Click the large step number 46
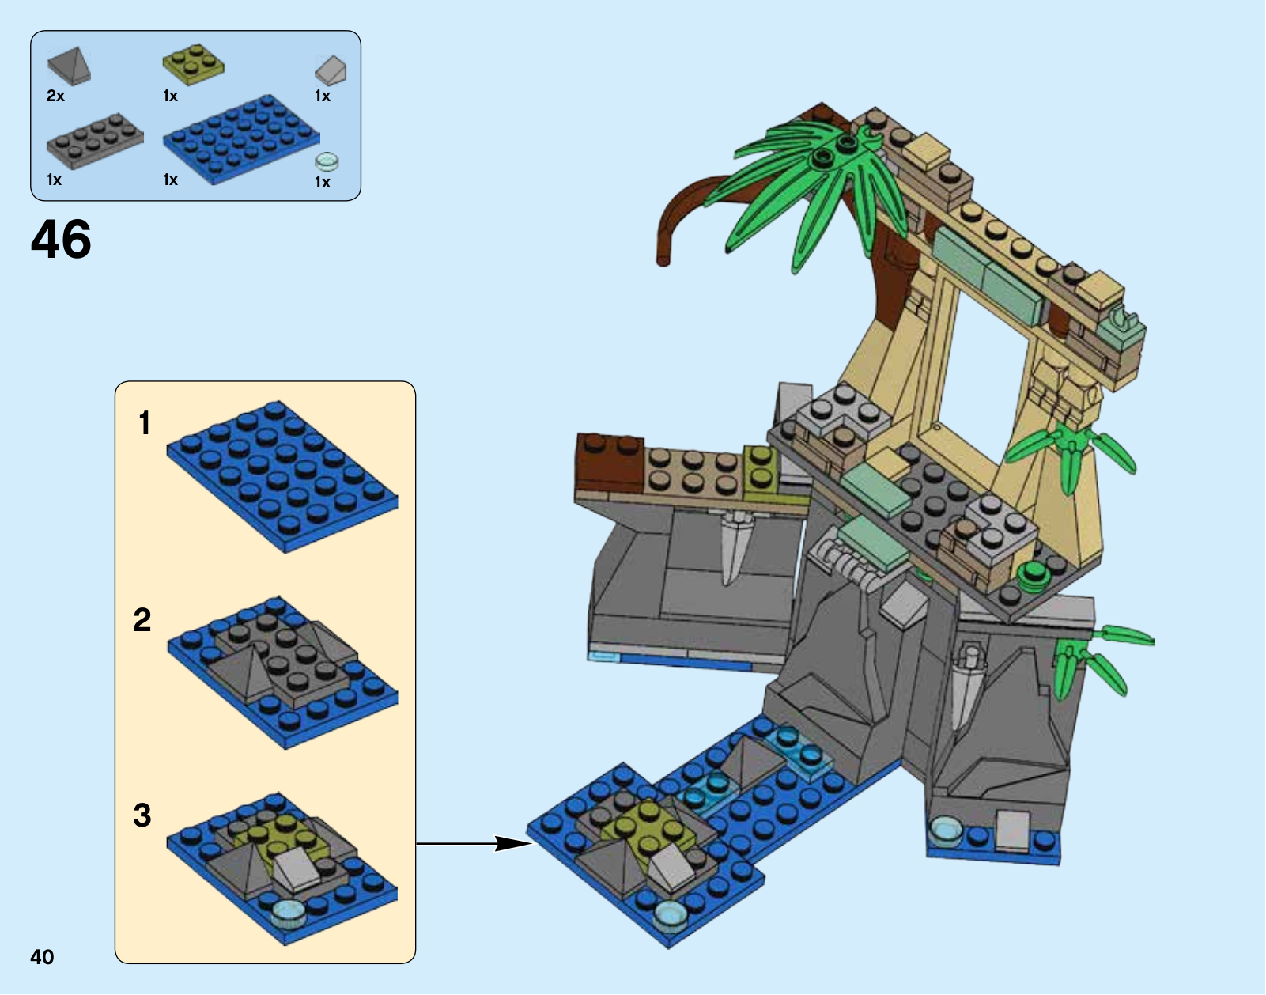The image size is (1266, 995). (61, 239)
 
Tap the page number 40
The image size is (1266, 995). (42, 956)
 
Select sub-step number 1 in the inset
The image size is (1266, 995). (145, 423)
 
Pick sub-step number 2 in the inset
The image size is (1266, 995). (142, 619)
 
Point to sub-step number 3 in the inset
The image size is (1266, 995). (142, 815)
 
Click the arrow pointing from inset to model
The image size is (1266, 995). (474, 843)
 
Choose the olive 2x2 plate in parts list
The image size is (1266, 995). (193, 64)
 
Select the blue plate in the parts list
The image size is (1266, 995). (241, 139)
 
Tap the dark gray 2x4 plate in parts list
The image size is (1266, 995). (95, 141)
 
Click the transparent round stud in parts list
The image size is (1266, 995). (327, 161)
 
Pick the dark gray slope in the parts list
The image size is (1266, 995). (70, 66)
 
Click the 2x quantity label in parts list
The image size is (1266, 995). (55, 96)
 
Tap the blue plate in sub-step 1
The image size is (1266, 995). (282, 476)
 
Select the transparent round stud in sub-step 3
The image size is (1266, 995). (289, 913)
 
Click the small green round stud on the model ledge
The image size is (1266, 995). (1032, 573)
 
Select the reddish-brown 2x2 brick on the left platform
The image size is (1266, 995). (610, 461)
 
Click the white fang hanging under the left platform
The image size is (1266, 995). (734, 547)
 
